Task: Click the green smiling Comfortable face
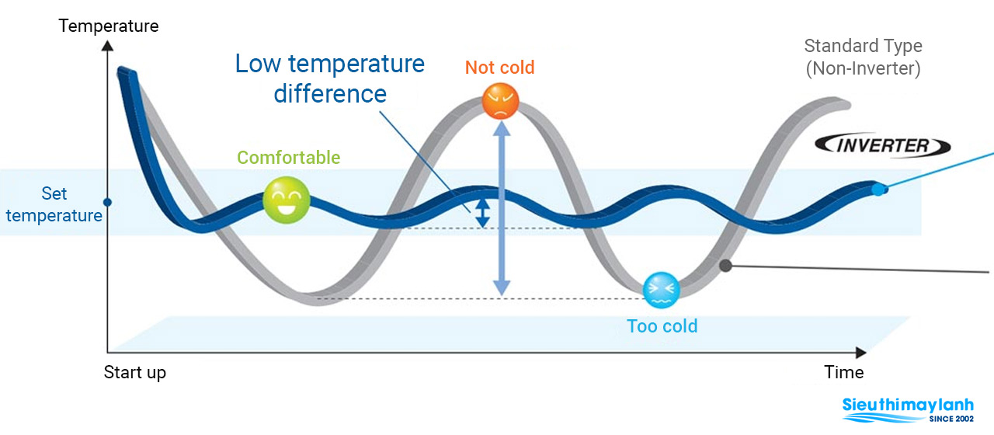286,200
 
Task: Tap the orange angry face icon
501,101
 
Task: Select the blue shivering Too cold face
662,288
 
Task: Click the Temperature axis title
109,26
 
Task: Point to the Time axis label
844,372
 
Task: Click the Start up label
135,373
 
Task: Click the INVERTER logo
883,145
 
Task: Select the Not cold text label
500,68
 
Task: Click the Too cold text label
662,326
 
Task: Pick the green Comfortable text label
289,158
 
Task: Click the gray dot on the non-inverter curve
726,265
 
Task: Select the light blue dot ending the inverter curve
878,189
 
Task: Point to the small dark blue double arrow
482,212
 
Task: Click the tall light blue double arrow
502,210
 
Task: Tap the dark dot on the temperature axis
108,203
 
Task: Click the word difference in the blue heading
330,94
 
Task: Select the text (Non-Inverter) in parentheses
863,68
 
